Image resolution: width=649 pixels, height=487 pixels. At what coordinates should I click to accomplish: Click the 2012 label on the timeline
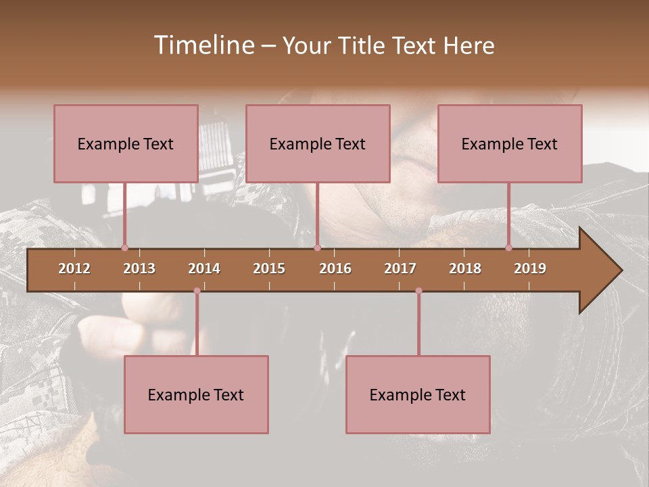[74, 269]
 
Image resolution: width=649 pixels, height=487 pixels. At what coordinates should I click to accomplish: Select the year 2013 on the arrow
[139, 269]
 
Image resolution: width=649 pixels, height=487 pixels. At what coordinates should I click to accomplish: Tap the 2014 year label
[204, 269]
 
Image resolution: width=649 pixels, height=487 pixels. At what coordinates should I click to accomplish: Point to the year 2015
[269, 269]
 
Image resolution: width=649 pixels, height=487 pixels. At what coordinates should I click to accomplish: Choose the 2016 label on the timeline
[335, 269]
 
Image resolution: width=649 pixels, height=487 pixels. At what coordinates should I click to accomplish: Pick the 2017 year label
[400, 269]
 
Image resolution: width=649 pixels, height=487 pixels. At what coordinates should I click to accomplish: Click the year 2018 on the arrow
[465, 269]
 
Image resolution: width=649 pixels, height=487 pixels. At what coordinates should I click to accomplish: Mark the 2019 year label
[530, 269]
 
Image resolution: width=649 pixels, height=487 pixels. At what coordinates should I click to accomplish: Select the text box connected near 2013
[126, 143]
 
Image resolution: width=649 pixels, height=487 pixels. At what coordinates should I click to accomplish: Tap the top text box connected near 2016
[318, 143]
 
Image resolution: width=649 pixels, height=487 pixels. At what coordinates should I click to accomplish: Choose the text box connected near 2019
[510, 143]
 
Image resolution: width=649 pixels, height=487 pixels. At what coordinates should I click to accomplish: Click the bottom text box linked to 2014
[196, 394]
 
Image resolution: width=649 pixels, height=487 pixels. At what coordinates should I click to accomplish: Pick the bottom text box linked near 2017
[418, 394]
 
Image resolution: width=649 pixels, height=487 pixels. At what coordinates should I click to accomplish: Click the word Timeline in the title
[202, 45]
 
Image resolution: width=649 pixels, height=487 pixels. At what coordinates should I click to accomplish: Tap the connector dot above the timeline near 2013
[124, 248]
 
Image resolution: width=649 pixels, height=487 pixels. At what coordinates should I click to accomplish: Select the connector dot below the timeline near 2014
[197, 291]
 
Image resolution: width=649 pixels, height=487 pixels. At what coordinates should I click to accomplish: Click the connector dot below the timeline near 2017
[418, 291]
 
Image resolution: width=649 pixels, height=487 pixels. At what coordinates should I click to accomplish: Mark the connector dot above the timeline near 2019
[508, 248]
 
